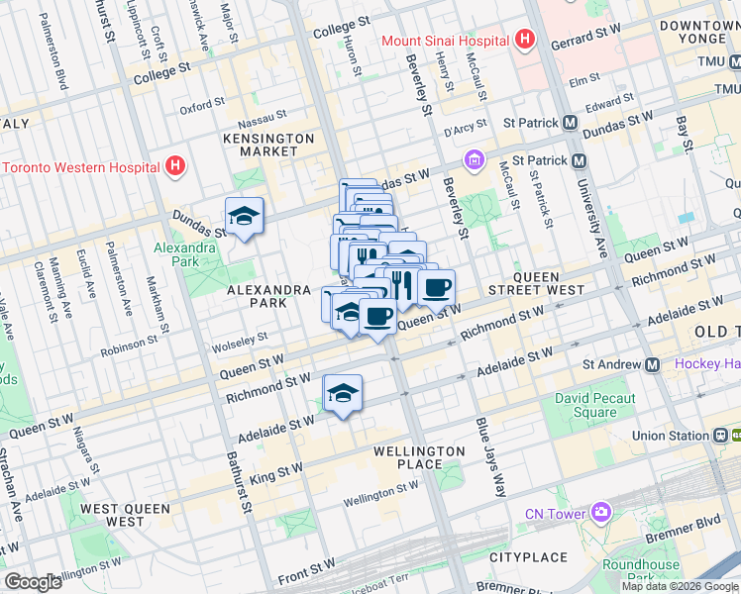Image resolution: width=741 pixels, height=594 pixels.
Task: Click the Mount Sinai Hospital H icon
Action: (x=525, y=41)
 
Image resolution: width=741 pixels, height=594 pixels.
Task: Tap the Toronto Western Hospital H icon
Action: (x=176, y=165)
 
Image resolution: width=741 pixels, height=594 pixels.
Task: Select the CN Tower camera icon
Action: (x=601, y=512)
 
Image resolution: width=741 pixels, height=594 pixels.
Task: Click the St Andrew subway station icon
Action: (x=652, y=364)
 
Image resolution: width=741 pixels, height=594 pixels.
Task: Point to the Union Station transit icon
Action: (x=720, y=435)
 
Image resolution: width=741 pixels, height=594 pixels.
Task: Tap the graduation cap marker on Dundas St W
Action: (x=244, y=216)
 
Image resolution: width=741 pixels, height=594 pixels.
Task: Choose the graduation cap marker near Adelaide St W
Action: (x=343, y=392)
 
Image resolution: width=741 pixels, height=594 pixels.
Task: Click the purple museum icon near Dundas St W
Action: (x=474, y=159)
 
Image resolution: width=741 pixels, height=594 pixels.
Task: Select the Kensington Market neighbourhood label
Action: (x=268, y=145)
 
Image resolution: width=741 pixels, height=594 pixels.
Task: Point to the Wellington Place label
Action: (x=419, y=457)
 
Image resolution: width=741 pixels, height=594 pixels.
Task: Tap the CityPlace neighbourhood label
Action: (x=528, y=557)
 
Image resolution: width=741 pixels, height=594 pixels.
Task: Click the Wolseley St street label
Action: (x=242, y=341)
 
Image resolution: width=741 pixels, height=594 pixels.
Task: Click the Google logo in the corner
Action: (x=33, y=582)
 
